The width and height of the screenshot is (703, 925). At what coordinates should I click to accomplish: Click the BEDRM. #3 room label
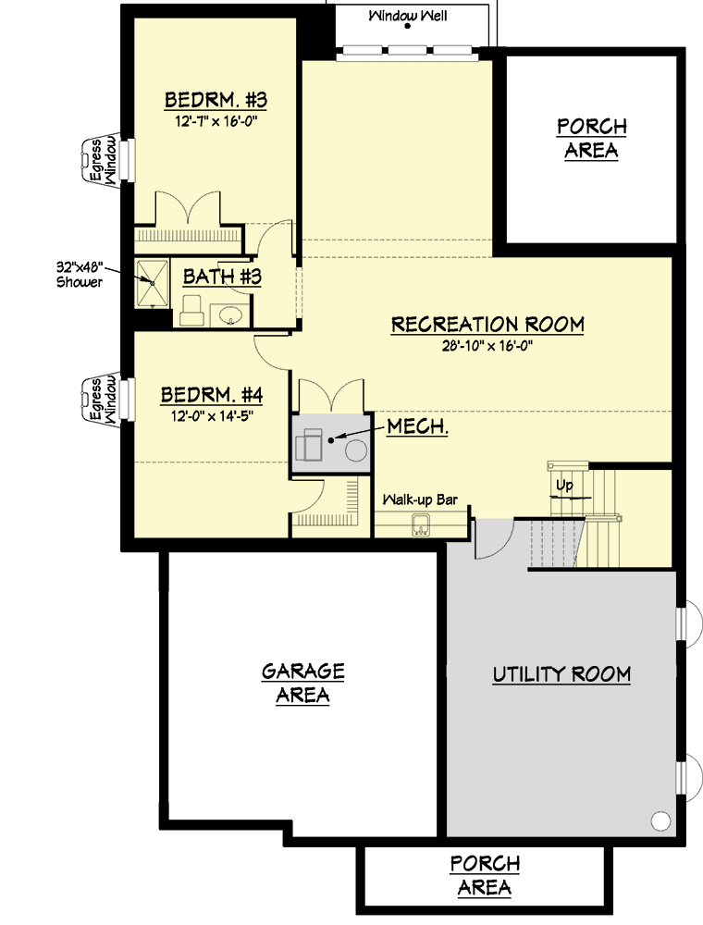[x=216, y=100]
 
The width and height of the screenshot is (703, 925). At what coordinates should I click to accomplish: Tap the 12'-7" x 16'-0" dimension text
[x=216, y=121]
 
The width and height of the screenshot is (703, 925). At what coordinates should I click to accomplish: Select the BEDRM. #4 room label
[x=212, y=396]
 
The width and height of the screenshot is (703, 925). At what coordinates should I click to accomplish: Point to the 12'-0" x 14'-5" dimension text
[x=212, y=416]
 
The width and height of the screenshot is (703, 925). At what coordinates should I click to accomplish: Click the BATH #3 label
[x=222, y=277]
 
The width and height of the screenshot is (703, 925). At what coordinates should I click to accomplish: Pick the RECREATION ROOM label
[x=487, y=325]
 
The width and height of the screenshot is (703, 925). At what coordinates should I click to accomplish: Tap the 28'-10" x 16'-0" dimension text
[x=487, y=345]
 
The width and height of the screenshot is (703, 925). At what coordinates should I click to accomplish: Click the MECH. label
[x=418, y=427]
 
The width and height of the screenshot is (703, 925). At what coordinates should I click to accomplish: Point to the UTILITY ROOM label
[x=561, y=674]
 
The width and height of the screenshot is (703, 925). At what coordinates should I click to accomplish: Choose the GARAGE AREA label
[x=302, y=683]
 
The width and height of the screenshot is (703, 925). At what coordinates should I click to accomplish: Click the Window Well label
[x=408, y=16]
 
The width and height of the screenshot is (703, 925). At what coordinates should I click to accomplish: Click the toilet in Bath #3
[x=192, y=311]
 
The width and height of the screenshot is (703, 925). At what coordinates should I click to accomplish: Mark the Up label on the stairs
[x=562, y=485]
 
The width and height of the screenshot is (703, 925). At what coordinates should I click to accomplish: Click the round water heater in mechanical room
[x=355, y=450]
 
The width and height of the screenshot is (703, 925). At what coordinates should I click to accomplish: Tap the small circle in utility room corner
[x=660, y=820]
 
